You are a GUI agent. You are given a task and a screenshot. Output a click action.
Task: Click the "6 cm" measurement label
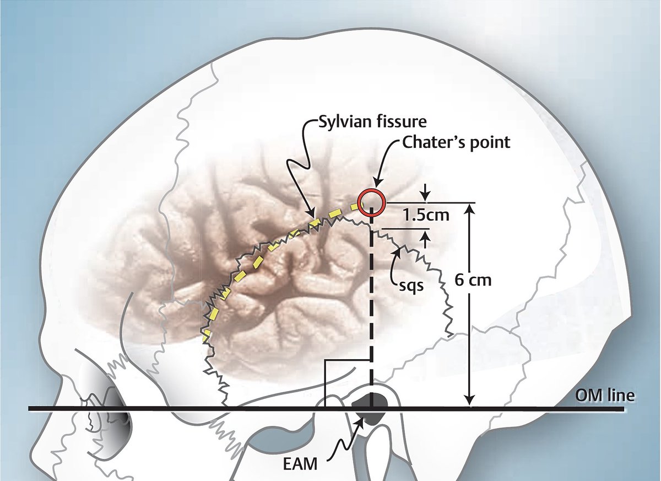coord(473,280)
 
